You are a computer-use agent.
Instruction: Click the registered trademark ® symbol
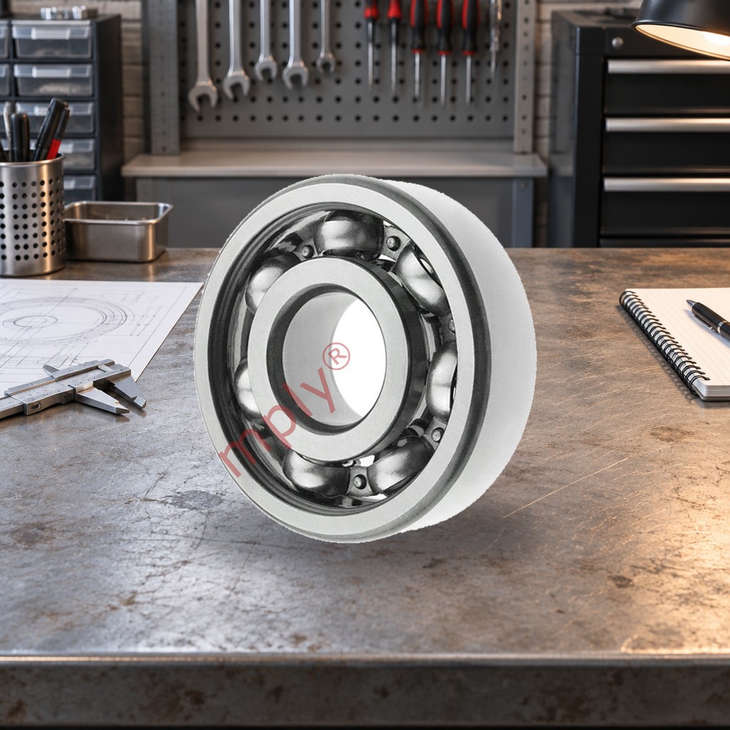(x=336, y=356)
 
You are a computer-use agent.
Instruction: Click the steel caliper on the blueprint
(x=70, y=387)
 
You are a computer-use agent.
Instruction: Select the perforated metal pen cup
(x=31, y=215)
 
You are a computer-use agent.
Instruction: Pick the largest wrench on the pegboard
(x=202, y=55)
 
